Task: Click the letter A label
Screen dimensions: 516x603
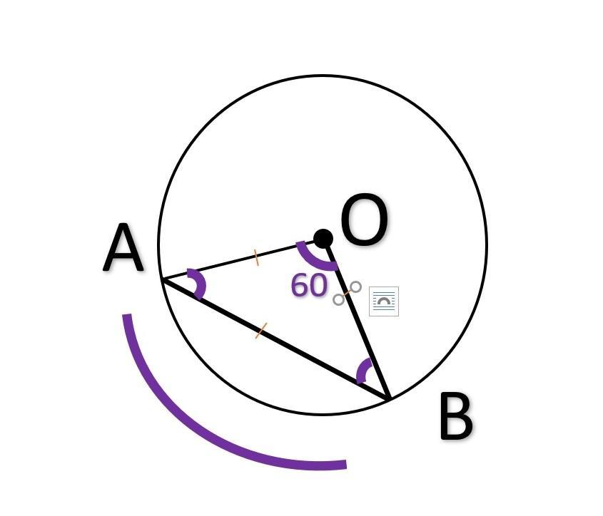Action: point(123,249)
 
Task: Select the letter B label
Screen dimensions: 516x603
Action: point(455,418)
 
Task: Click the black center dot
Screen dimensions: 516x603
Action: point(323,239)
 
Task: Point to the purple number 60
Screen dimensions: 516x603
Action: point(308,286)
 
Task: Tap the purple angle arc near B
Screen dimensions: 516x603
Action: point(363,370)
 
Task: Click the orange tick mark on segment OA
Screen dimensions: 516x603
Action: point(257,257)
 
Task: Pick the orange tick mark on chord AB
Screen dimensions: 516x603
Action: point(261,331)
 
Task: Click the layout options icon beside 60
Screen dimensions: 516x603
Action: point(384,301)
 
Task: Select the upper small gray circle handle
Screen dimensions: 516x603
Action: point(355,287)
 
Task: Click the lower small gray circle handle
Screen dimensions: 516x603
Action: point(338,299)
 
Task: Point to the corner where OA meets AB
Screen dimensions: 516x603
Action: point(163,280)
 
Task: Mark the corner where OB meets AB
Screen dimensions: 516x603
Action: point(389,398)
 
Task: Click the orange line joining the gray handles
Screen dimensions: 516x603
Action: point(347,293)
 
